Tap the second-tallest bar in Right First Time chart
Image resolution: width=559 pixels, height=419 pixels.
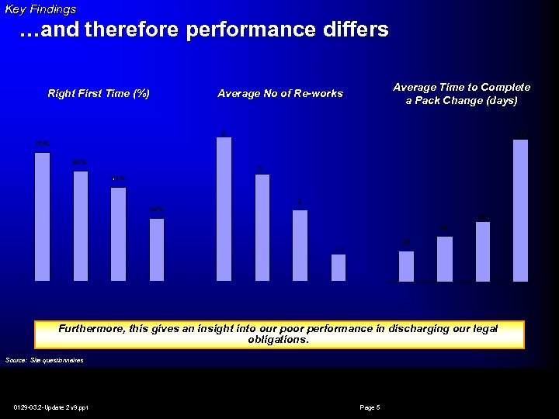click(x=81, y=225)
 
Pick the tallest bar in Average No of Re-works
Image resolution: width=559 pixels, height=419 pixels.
click(x=224, y=209)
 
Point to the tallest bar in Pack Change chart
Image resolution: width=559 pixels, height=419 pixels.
click(x=521, y=210)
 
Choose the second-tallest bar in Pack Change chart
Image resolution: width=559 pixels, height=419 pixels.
click(x=483, y=251)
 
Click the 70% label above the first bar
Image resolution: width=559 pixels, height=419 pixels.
click(x=42, y=144)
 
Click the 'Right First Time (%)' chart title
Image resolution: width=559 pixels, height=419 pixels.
click(x=99, y=94)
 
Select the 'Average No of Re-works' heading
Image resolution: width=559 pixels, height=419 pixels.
click(x=280, y=94)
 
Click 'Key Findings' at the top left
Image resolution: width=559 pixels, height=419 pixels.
click(x=40, y=9)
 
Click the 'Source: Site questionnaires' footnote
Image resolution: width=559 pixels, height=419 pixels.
click(x=44, y=360)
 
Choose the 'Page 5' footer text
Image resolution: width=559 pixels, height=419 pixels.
click(x=370, y=407)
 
